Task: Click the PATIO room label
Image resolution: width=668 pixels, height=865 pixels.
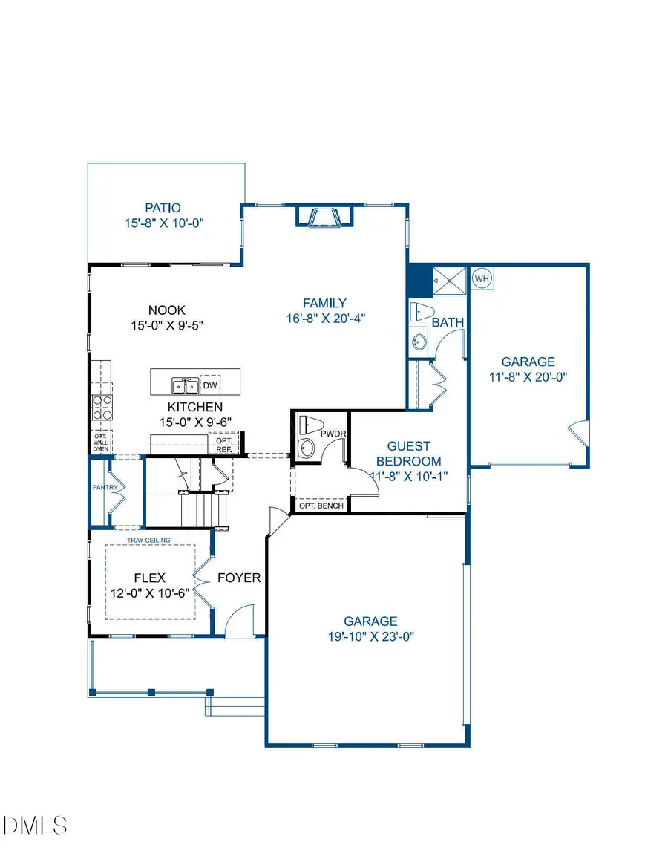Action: (163, 208)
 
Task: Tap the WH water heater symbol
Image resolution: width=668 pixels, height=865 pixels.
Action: (482, 278)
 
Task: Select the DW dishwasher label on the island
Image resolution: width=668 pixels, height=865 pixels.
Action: (210, 385)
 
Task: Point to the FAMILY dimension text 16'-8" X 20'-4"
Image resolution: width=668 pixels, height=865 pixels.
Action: (324, 317)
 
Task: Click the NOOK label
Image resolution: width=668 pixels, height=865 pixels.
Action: (166, 310)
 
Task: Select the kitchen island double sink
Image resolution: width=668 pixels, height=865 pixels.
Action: (185, 385)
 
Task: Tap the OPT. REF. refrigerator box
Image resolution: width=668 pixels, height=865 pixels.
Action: (223, 445)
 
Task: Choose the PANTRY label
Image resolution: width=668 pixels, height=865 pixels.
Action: (101, 488)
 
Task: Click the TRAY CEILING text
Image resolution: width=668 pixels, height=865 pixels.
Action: (149, 540)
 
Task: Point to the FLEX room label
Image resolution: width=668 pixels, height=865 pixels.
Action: (149, 578)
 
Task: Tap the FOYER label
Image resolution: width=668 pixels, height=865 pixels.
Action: (239, 578)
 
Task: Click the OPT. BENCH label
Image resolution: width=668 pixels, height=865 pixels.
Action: (321, 506)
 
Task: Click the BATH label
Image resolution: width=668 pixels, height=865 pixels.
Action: (448, 322)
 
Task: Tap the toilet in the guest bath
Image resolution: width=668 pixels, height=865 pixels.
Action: (422, 313)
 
